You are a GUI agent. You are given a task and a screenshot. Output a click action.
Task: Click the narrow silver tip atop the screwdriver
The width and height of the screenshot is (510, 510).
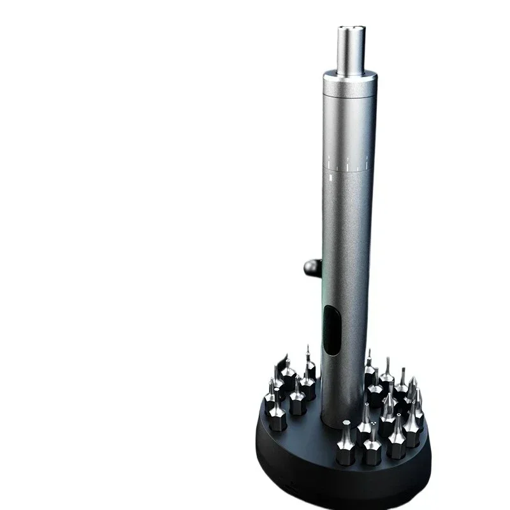point(351,48)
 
